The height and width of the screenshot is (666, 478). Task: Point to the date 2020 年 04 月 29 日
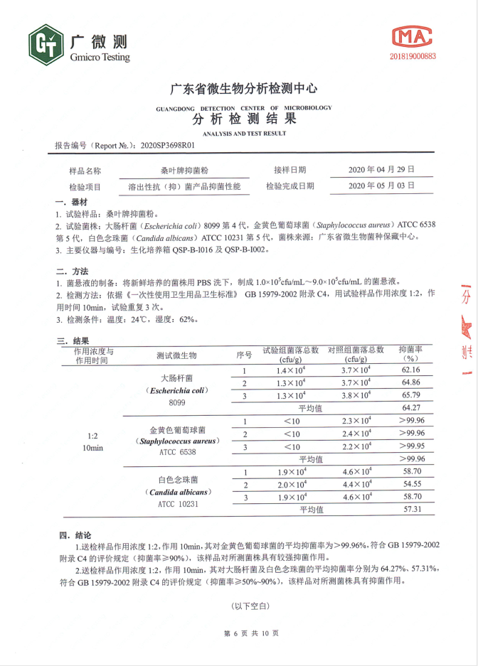tap(381, 171)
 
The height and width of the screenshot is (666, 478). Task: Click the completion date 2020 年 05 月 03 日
tap(381, 186)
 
